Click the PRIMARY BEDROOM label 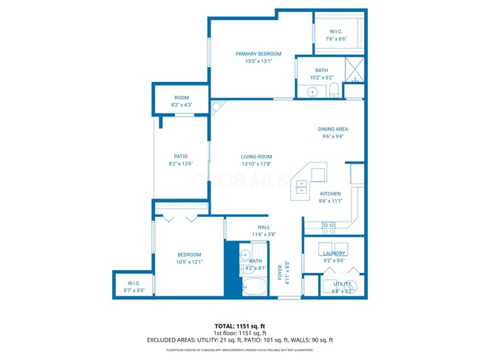258,54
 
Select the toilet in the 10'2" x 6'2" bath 333,91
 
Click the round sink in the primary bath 312,92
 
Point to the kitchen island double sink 302,188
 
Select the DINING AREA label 332,129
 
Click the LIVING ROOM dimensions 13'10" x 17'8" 256,164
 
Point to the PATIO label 180,156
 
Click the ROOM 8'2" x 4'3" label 181,97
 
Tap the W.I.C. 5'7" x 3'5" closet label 134,283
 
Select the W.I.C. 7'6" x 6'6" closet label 336,32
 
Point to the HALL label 264,227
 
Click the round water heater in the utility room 352,287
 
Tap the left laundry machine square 324,248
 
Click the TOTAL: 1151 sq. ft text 239,325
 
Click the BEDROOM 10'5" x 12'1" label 189,255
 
